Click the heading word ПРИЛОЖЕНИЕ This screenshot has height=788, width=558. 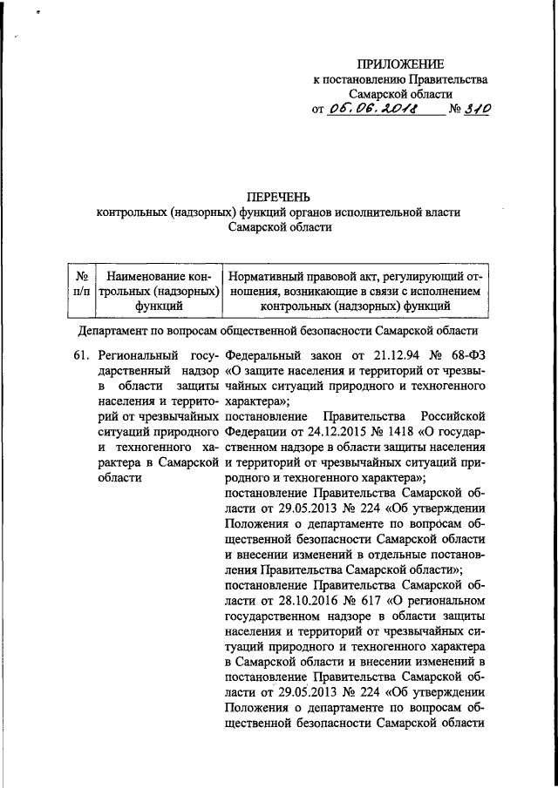click(401, 64)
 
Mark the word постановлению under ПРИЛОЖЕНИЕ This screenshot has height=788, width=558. click(358, 79)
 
